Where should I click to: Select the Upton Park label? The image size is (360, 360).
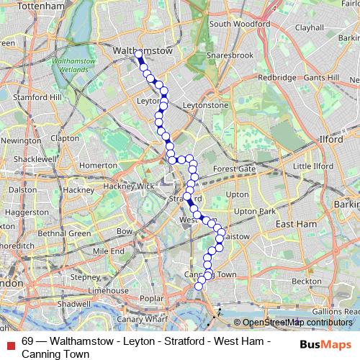pos(256,211)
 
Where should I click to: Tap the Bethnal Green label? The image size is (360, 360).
pos(64,233)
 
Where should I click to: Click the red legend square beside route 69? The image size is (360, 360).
pos(11,343)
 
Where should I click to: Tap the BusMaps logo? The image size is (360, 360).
pos(325,343)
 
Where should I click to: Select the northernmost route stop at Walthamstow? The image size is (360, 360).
pos(138,54)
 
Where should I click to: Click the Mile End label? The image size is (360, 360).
pos(108,251)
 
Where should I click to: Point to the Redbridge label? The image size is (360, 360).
pos(277,77)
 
